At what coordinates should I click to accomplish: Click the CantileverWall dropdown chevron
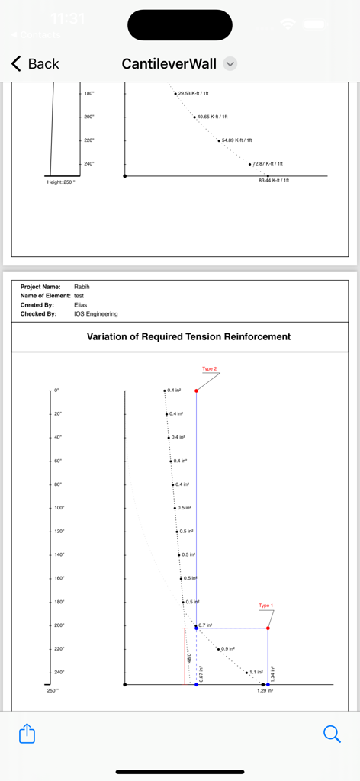230,64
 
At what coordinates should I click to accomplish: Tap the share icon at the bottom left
27,734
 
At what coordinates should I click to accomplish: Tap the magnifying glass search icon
332,734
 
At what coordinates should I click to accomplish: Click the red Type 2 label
210,369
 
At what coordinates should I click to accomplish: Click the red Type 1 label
265,606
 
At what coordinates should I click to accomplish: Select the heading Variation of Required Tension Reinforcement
188,336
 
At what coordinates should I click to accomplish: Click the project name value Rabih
82,287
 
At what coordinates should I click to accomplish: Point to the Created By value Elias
81,305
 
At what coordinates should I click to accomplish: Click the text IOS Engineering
96,313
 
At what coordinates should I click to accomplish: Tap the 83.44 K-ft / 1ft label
274,181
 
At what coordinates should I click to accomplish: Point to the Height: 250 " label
61,182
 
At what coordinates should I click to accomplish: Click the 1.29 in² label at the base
265,691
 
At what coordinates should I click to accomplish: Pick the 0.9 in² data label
228,648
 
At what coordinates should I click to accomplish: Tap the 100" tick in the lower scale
59,508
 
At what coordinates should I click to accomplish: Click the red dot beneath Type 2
196,390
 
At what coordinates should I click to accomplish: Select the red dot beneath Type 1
268,628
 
